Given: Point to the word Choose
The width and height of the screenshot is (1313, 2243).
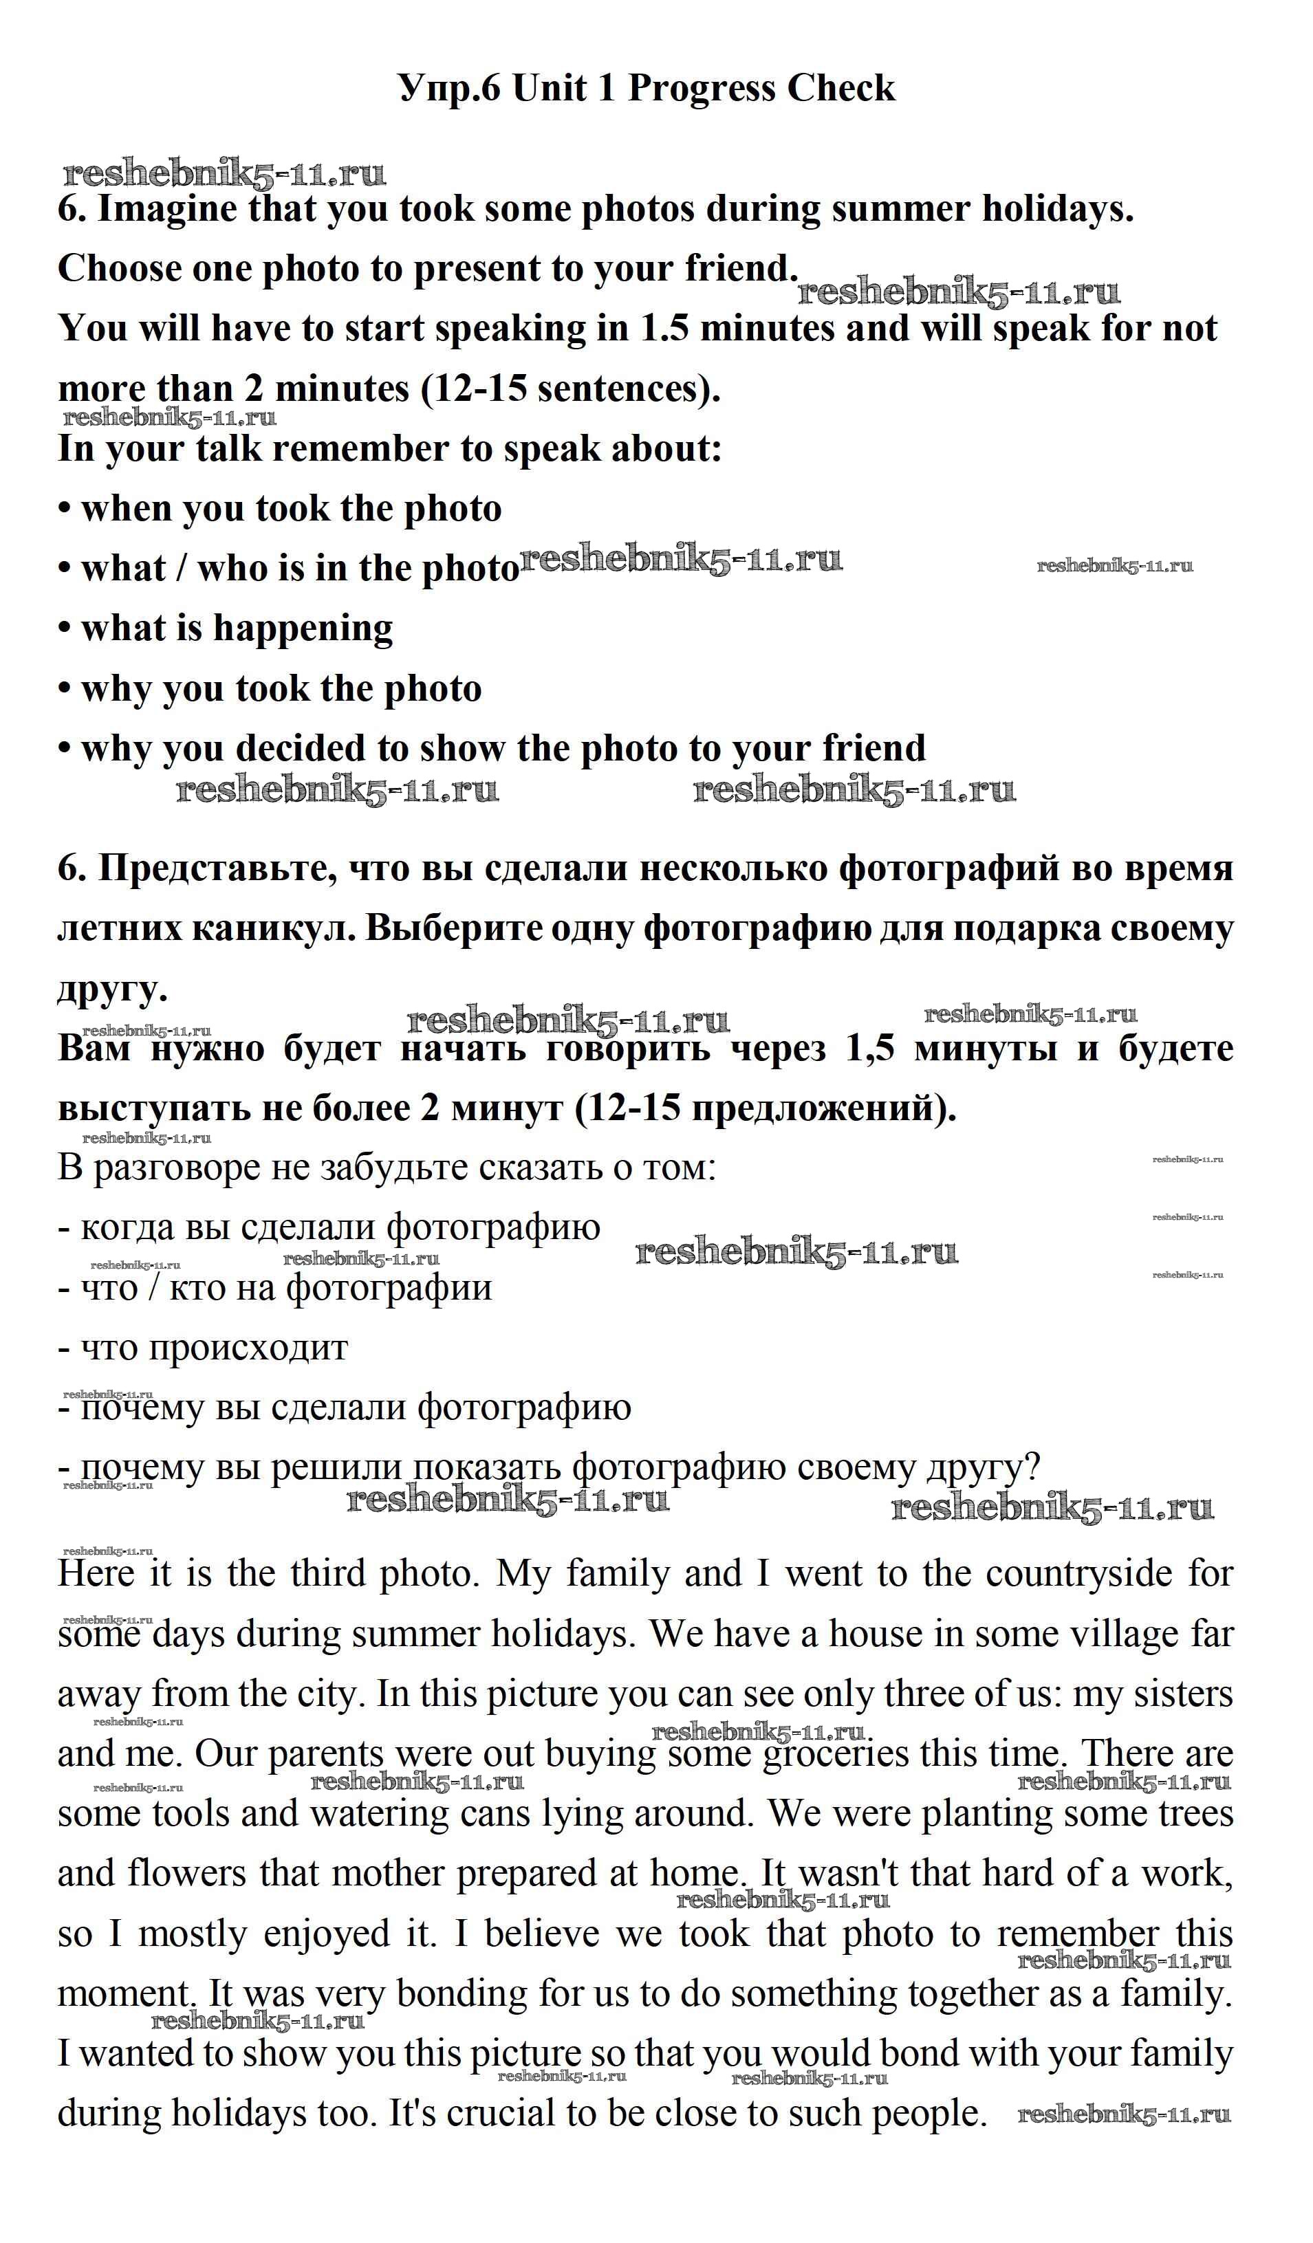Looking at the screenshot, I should pyautogui.click(x=118, y=269).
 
